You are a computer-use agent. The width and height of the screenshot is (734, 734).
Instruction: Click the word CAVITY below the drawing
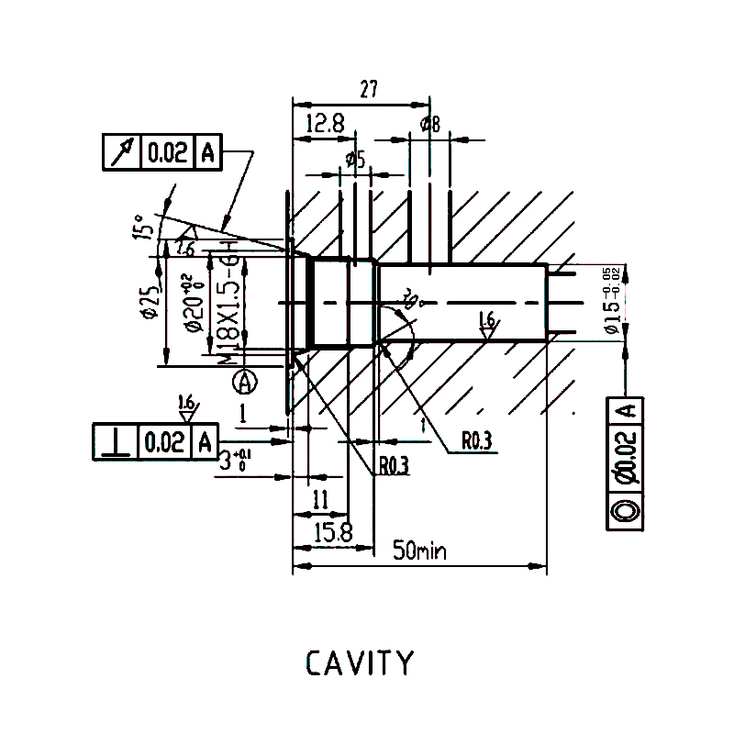[359, 662]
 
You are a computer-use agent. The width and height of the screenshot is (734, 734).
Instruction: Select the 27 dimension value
[369, 90]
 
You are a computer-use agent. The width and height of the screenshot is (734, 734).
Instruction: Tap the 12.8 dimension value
[325, 124]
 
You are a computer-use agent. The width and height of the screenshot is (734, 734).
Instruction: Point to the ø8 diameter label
[429, 125]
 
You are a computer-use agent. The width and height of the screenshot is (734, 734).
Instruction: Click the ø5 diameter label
[356, 160]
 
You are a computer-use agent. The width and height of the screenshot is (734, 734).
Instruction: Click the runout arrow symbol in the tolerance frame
[121, 152]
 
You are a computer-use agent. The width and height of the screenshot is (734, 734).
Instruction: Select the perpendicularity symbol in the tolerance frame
[116, 442]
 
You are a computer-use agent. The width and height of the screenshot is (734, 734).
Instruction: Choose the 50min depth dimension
[419, 550]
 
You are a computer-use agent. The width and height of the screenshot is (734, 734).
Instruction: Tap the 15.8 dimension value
[332, 533]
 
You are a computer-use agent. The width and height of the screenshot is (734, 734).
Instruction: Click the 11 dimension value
[320, 500]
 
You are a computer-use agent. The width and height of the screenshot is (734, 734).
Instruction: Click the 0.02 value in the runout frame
[167, 152]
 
